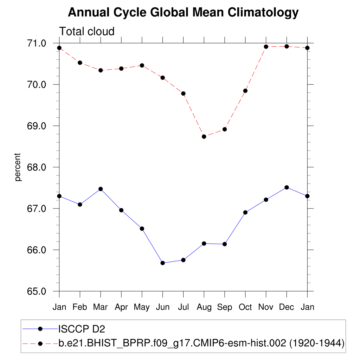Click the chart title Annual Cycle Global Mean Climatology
tap(183, 13)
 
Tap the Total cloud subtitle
tap(87, 31)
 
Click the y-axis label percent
tap(18, 167)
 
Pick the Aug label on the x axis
tap(204, 307)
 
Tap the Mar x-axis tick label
tap(101, 307)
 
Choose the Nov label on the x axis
tap(266, 307)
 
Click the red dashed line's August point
tap(204, 136)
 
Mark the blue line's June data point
tap(162, 263)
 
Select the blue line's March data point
tap(101, 189)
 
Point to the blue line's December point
tap(287, 187)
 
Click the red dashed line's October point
tap(245, 91)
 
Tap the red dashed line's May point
tap(142, 65)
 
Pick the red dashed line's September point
tap(225, 129)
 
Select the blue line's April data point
tap(121, 210)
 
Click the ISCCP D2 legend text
tap(82, 329)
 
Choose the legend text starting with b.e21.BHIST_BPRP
tap(201, 343)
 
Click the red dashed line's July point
tap(183, 94)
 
